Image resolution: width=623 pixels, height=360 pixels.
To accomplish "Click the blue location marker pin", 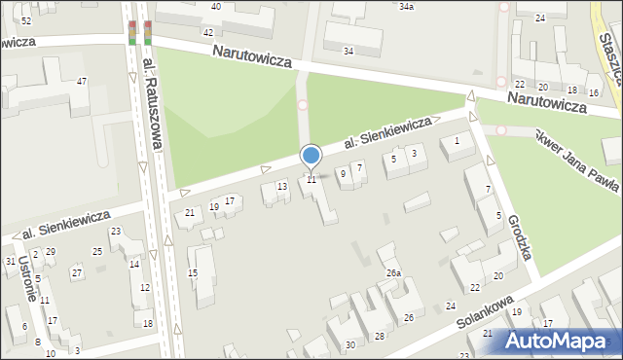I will point(311,156).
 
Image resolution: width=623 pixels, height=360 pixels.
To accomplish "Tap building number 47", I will point(83,81).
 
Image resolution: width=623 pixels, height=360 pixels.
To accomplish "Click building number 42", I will point(207,32).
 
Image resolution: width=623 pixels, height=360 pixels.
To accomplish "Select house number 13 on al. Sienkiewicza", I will point(282,186).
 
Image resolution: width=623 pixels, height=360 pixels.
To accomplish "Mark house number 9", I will point(342,173).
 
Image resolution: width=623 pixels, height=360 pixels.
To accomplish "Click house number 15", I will point(193,273).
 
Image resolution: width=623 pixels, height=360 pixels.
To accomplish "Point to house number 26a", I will point(392,273).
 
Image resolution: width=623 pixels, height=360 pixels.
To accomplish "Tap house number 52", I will point(25,20).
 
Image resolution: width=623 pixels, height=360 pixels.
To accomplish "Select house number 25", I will point(97,252).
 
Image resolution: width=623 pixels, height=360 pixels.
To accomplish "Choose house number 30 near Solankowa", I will point(349,344).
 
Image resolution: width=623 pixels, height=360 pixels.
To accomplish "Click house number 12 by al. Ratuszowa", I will point(145,287).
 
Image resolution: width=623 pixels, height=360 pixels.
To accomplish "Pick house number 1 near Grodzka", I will point(457,142).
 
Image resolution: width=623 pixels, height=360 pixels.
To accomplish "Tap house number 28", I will point(380,336).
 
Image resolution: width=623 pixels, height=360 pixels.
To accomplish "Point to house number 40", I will point(215,6).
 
